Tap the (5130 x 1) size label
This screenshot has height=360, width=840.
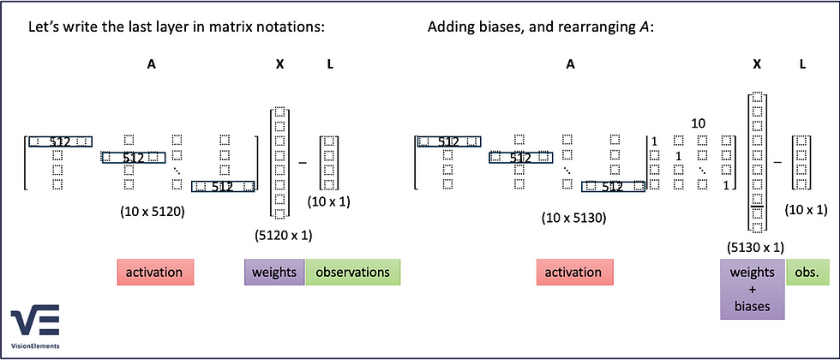click(755, 247)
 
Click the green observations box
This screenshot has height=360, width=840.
click(352, 273)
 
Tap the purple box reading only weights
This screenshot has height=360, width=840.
click(274, 273)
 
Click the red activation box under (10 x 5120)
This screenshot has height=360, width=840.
click(155, 273)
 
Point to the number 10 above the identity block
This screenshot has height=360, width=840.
click(699, 123)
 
